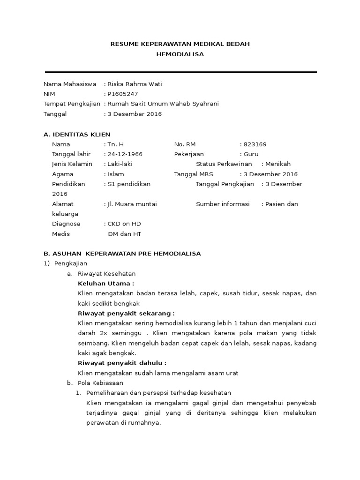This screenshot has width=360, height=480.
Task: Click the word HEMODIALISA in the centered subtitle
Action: point(180,54)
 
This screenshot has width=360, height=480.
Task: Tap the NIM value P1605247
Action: point(123,94)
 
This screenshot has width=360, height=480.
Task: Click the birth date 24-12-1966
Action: point(125,154)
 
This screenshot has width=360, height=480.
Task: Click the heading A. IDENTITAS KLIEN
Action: point(77,135)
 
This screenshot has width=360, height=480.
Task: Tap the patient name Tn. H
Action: point(116,144)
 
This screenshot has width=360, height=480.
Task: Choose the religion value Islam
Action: point(116,174)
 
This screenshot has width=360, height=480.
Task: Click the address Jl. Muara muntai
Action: point(132,204)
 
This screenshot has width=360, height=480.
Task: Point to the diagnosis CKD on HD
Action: point(124,224)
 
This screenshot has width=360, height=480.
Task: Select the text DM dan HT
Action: point(124,234)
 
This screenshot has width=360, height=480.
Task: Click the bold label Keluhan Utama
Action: point(106,284)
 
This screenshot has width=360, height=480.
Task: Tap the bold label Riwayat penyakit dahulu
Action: point(122,363)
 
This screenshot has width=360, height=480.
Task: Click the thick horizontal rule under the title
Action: point(181,72)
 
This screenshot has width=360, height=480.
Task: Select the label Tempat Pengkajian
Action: point(72,104)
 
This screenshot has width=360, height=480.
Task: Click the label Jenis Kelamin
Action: point(72,164)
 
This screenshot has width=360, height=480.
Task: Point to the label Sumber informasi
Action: point(223,204)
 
